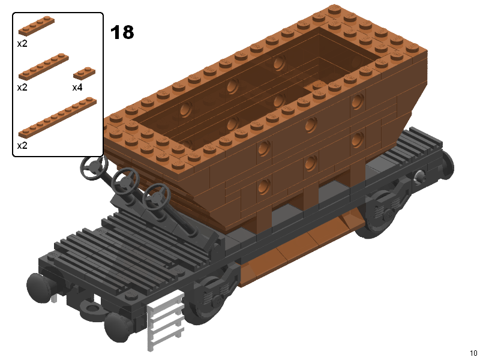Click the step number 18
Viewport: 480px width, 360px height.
(x=122, y=32)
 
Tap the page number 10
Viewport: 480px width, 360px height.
(x=473, y=353)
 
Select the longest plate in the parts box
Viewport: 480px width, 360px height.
(x=58, y=118)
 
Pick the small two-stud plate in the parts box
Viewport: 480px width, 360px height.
(x=84, y=73)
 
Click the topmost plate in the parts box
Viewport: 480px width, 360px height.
(x=37, y=25)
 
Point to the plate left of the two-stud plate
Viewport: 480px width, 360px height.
(x=43, y=67)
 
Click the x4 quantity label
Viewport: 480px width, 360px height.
(x=77, y=88)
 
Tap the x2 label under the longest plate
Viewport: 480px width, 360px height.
(x=22, y=145)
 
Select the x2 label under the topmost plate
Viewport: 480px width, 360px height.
(x=22, y=43)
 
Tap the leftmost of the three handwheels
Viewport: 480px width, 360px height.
(x=94, y=167)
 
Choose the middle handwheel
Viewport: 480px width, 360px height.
(x=125, y=181)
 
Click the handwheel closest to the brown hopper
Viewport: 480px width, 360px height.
(x=156, y=197)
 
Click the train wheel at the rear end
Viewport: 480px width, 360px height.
(x=380, y=214)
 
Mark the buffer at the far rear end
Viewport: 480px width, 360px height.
(x=447, y=166)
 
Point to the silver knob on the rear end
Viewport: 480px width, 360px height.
(x=418, y=177)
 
